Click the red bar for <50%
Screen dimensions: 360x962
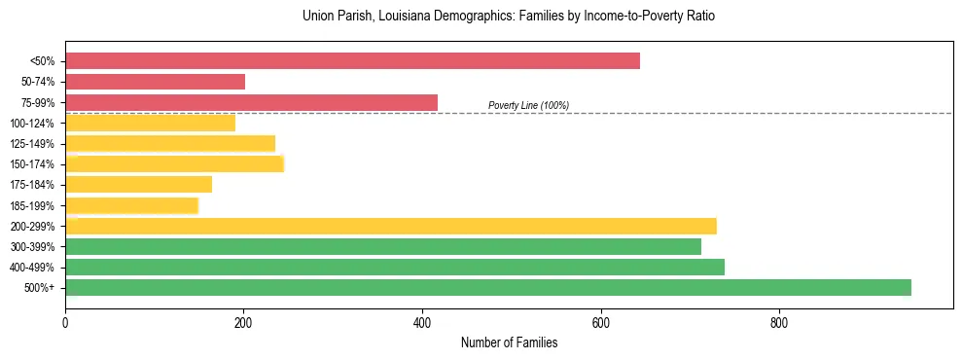pos(352,60)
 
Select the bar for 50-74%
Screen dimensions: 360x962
pos(155,82)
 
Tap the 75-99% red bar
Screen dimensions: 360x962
pos(251,102)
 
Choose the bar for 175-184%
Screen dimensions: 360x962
pos(138,184)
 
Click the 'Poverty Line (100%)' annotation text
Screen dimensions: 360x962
pos(528,105)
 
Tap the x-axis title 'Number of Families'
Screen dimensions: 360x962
pos(509,342)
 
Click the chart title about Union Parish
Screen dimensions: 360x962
pos(509,17)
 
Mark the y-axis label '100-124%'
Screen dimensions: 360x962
pos(32,124)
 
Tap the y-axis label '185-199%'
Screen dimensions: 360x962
pos(32,205)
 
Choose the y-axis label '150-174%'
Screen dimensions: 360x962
pos(32,164)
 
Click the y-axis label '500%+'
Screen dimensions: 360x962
pos(37,288)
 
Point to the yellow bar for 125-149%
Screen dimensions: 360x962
pos(170,143)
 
